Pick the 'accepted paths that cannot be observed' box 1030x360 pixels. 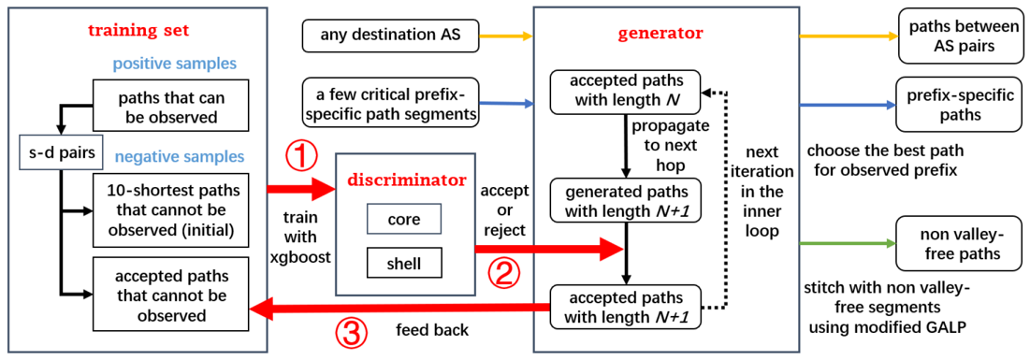point(171,289)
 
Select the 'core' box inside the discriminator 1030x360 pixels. point(404,220)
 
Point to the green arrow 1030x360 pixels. point(848,244)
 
